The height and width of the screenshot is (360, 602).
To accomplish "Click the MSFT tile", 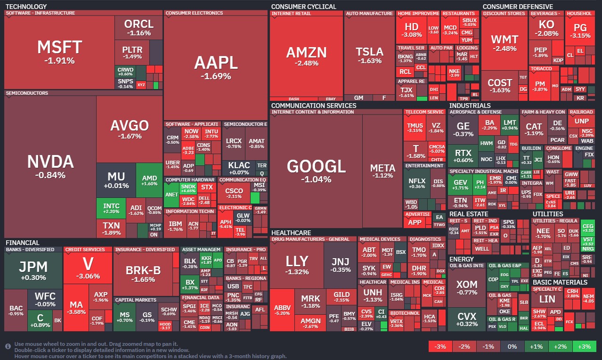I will point(59,52).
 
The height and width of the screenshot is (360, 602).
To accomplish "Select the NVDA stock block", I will point(50,166).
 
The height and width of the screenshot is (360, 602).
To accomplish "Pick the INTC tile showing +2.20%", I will point(111,208).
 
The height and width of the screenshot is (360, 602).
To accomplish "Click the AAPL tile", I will point(216,66).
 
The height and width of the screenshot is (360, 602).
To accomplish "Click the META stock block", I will point(382,171).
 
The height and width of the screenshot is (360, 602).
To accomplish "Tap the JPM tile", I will point(33,270).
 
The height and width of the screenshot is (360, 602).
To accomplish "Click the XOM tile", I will point(466,287).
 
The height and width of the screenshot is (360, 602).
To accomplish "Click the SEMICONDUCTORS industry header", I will point(27,93).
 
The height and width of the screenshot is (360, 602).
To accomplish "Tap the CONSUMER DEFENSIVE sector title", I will point(518,7).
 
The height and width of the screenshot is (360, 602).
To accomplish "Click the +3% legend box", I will point(584,347).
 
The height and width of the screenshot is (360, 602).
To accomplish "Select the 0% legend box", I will point(513,347).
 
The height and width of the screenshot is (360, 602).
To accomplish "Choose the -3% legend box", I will point(440,347).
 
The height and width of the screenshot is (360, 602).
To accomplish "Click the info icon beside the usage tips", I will point(8,346).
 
